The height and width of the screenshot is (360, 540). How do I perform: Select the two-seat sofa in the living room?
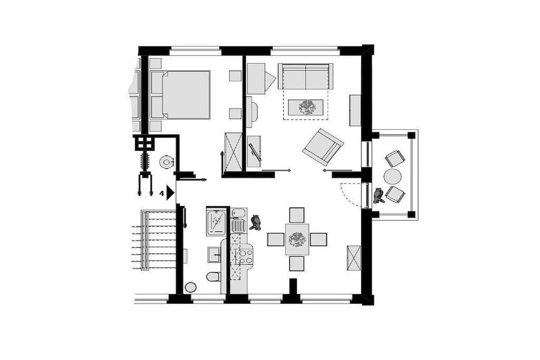point(306,76)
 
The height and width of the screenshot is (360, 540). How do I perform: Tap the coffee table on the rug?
point(305,107)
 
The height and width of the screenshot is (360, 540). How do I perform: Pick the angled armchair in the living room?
point(323,147)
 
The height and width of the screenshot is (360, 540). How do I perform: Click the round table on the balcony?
point(392,177)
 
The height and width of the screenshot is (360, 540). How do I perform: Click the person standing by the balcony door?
point(379,196)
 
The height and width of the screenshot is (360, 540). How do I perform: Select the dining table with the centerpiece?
point(297,239)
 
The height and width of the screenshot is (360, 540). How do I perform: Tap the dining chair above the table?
point(297,215)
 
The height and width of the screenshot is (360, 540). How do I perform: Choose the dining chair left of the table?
point(276,239)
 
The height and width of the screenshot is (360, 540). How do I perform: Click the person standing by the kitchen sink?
point(256,222)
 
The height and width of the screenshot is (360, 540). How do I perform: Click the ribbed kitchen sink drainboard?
point(238,226)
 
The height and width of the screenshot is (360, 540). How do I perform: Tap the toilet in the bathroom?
point(214,277)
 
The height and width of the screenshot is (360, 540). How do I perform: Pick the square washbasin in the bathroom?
point(215,255)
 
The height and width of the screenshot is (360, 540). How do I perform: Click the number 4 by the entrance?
point(161,193)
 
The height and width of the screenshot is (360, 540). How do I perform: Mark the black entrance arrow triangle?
point(171,193)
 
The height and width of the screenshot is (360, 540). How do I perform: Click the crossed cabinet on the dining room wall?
point(354,258)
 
